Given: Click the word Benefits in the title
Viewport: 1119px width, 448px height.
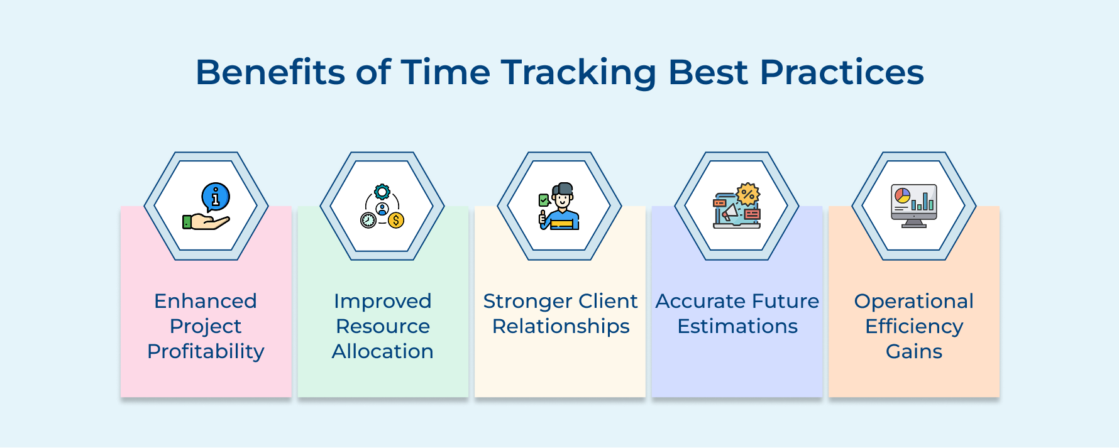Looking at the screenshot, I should point(270,72).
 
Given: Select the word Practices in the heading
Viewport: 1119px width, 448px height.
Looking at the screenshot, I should point(842,72).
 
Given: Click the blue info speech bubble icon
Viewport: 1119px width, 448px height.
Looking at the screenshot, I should point(216,197).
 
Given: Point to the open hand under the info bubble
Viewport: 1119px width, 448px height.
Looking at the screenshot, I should point(207,221).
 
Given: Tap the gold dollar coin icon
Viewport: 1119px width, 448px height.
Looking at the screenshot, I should point(396,221).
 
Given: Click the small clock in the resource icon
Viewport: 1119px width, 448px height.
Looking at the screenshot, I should point(368,220).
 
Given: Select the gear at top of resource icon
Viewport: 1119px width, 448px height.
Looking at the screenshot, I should point(382,192).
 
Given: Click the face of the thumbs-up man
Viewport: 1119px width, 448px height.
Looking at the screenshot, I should point(563,200).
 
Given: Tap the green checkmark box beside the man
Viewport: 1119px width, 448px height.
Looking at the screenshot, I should point(544,200).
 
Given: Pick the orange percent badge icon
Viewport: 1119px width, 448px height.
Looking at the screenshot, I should point(748,194).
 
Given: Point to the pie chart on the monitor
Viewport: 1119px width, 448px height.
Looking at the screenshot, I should point(902,195).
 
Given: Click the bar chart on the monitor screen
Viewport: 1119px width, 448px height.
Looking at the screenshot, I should point(923,202).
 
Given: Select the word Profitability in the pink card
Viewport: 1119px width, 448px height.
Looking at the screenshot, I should point(206,351).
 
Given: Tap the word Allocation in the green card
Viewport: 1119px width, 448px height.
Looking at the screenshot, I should point(382,351).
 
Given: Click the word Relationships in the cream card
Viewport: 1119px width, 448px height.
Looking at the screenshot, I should point(561,326).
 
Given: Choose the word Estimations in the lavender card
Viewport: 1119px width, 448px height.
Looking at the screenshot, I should point(737,326).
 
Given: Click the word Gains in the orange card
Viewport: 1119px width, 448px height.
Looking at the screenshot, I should point(913,351).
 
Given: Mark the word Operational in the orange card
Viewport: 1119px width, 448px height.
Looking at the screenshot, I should point(913,301).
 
